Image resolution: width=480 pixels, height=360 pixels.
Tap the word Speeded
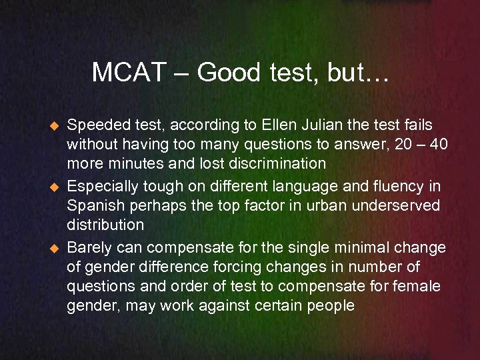tap(95, 125)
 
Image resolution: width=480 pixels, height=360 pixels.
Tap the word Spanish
tap(93, 205)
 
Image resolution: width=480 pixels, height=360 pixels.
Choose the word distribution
tap(105, 225)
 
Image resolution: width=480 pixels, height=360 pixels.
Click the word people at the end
tap(332, 307)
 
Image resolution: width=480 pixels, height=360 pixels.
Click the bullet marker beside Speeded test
tap(55, 125)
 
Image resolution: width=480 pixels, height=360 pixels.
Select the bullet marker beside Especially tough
tap(55, 187)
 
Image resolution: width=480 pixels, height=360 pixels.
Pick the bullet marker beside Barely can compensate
tap(55, 248)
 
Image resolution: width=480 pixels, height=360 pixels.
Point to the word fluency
tap(390, 186)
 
